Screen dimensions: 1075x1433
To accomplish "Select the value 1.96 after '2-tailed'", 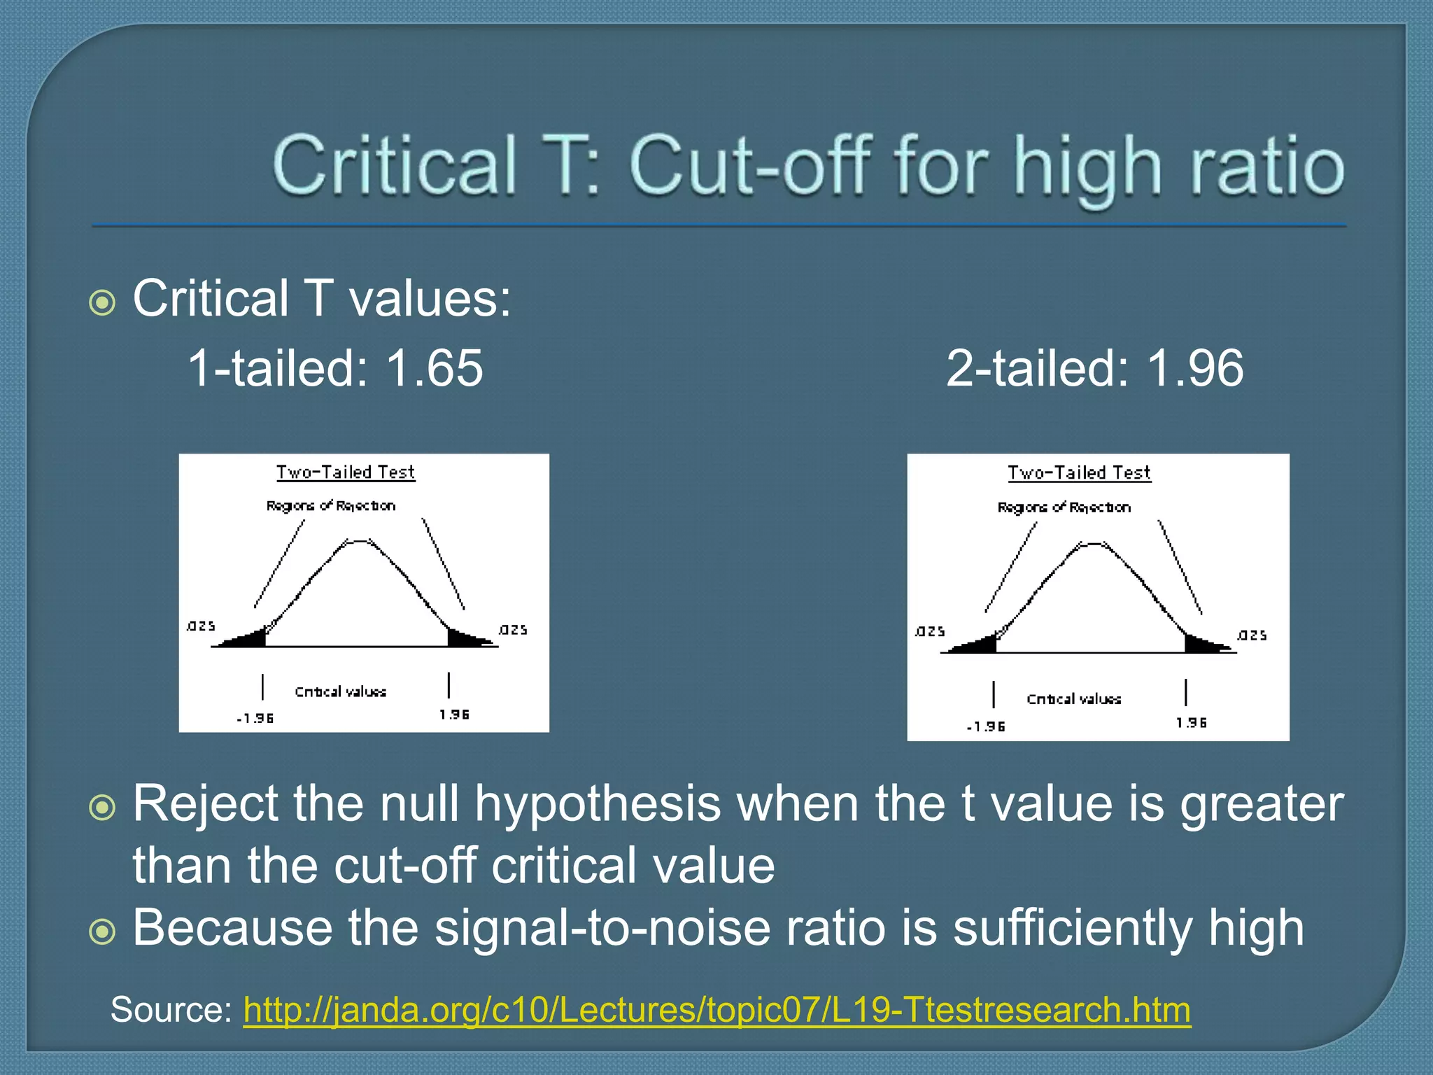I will tap(1195, 369).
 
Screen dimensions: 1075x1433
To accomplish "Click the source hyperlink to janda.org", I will tap(716, 1010).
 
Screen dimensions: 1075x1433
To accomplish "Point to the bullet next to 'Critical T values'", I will tap(103, 303).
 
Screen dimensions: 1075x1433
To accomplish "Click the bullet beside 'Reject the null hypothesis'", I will tap(103, 808).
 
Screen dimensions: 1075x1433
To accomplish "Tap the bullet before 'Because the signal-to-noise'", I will tap(103, 932).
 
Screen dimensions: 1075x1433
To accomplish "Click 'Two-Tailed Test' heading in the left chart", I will tap(346, 472).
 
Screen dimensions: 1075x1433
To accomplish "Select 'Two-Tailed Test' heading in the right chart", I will tap(1079, 473).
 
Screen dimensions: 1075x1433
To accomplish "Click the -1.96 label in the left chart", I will tap(255, 718).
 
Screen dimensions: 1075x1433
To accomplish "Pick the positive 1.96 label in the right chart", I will tap(1191, 722).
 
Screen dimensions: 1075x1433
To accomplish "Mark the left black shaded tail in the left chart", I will tap(248, 639).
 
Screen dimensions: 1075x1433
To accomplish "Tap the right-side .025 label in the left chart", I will tap(513, 630).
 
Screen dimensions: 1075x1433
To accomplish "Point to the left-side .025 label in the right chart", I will tap(930, 631).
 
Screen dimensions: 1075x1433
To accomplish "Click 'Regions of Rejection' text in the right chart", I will tap(1064, 507).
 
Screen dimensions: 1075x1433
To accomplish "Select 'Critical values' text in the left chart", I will tap(340, 691).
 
